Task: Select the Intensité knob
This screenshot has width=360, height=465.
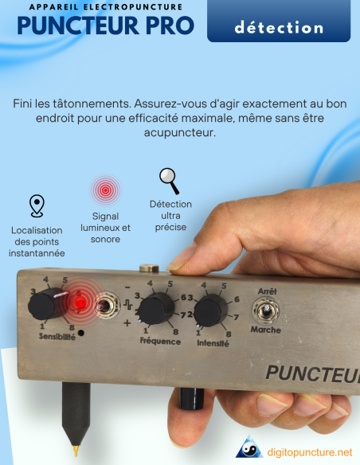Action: pyautogui.click(x=209, y=311)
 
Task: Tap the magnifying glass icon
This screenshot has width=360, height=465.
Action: pyautogui.click(x=168, y=181)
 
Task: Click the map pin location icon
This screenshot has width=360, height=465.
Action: pyautogui.click(x=37, y=205)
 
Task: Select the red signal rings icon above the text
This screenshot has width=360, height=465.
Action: pyautogui.click(x=104, y=191)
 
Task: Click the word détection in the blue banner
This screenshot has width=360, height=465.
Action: pyautogui.click(x=279, y=28)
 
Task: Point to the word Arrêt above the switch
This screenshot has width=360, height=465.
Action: pyautogui.click(x=266, y=291)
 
